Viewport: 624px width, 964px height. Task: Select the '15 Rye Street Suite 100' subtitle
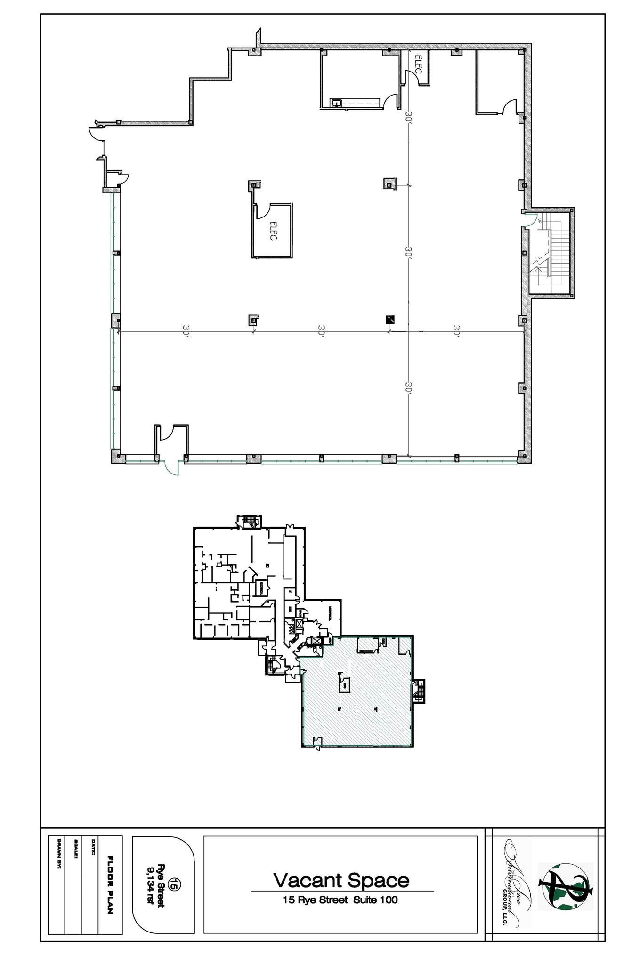coord(340,900)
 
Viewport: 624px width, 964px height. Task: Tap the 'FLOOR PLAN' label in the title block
coord(110,884)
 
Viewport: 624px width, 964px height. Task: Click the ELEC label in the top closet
coord(418,64)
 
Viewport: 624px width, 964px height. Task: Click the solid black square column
coord(390,320)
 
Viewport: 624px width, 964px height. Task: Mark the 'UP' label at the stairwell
coord(540,220)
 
